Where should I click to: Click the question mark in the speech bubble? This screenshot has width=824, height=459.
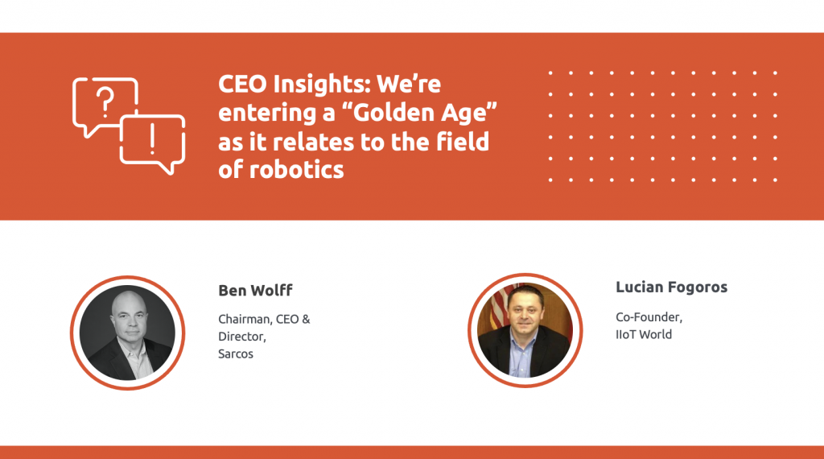coord(105,103)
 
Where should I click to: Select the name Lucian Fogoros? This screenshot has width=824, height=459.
coord(671,287)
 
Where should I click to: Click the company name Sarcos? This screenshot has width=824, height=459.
coord(236,354)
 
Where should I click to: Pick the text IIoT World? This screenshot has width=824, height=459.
coord(644,334)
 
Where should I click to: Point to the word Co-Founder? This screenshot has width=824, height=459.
coord(649,316)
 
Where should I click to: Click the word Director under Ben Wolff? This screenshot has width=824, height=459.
coord(241,337)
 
